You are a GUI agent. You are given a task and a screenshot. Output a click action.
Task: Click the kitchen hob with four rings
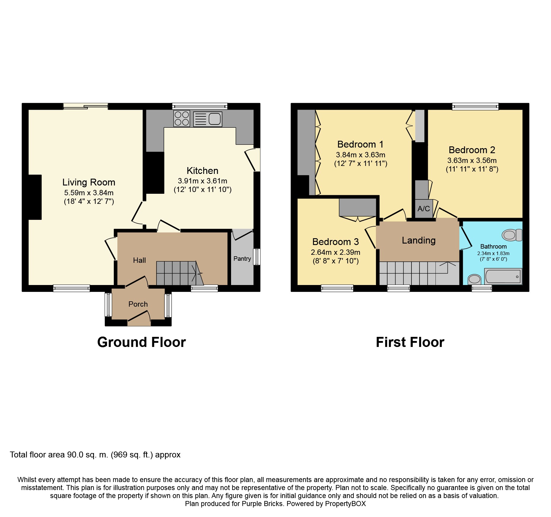[x=182, y=119]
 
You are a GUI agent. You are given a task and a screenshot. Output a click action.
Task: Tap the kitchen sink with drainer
[x=208, y=119]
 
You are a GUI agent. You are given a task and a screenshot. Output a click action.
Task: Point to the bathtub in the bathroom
[x=503, y=276]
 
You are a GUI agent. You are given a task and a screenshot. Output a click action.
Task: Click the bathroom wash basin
[x=475, y=279]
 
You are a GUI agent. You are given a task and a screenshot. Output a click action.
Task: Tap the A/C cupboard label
[x=424, y=209]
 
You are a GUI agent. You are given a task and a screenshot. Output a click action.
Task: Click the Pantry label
[x=242, y=259]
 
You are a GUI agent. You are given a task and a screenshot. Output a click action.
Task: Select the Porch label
[x=138, y=304]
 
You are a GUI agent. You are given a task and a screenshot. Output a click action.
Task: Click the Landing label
[x=419, y=240]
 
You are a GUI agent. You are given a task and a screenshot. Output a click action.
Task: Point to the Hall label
[x=139, y=260]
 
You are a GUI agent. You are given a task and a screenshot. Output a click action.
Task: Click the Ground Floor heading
[x=142, y=342]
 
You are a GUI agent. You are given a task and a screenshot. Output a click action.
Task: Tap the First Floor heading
[x=410, y=342]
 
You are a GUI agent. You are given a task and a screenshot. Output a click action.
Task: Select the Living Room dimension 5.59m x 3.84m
[x=89, y=193]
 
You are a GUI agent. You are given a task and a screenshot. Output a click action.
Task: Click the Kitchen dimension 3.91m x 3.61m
[x=203, y=181]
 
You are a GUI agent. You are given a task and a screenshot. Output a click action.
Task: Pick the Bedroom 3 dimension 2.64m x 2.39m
[x=336, y=252]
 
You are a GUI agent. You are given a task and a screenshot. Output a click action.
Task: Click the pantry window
[x=257, y=257]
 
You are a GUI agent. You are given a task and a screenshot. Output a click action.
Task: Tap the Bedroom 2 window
[x=475, y=106]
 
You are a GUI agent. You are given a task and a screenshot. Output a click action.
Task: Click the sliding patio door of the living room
[x=86, y=106]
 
